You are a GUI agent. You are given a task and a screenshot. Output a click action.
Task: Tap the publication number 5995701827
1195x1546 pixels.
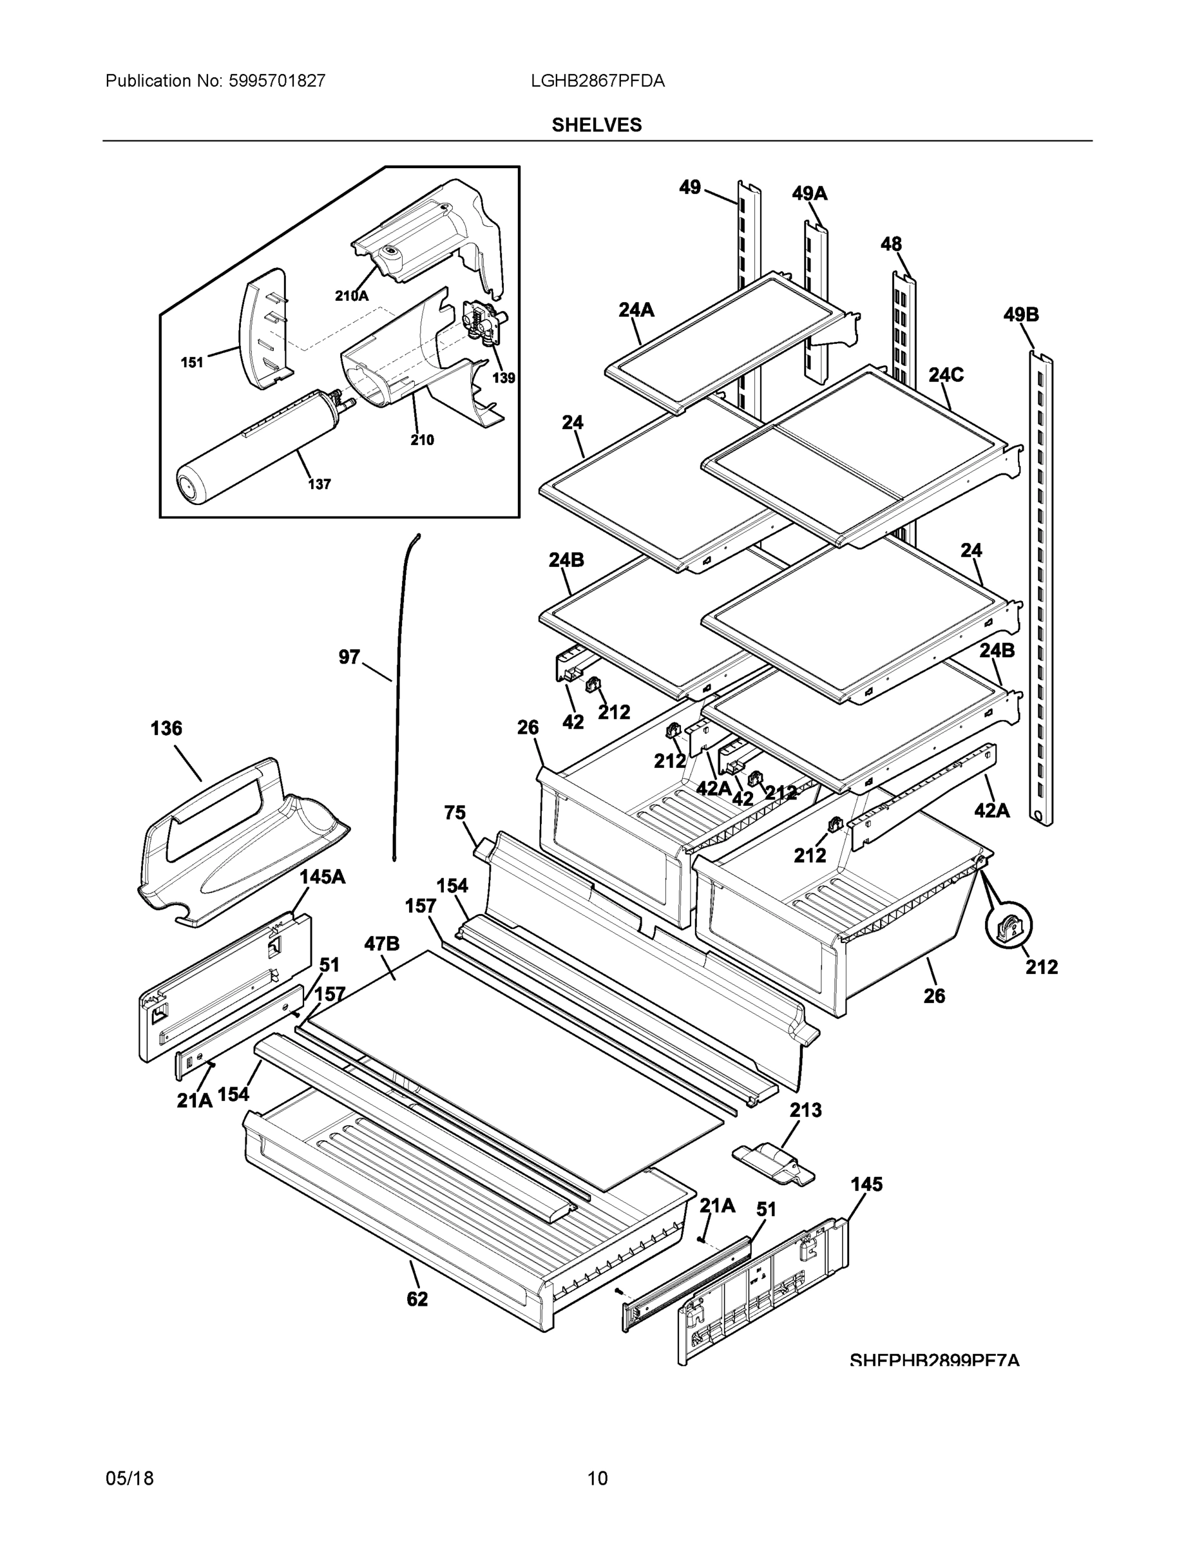point(277,81)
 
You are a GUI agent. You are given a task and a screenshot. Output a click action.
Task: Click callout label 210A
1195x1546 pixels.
point(352,296)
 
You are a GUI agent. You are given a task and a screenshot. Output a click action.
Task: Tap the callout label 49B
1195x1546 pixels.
point(1020,314)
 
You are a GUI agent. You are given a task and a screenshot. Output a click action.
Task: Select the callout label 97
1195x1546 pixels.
point(349,657)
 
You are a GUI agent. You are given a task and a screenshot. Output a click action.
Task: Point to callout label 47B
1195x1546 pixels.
point(382,943)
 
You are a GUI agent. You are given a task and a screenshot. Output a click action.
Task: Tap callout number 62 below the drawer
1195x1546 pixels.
point(417,1298)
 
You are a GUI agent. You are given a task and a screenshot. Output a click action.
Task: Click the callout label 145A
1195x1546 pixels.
point(322,876)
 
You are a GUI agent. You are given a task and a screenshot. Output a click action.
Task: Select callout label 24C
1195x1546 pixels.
point(946,374)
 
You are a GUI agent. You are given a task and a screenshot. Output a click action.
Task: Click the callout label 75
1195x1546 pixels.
point(455,813)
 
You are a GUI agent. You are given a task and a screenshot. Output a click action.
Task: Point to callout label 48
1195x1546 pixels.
point(890,244)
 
